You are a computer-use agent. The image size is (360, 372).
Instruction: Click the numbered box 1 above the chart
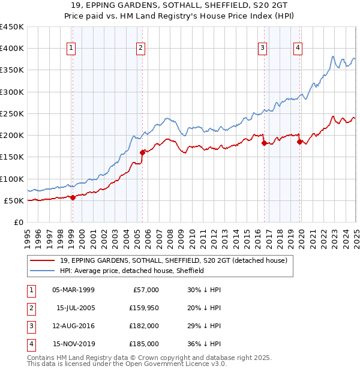(x=71, y=49)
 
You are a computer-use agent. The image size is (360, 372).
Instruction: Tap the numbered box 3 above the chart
(x=263, y=49)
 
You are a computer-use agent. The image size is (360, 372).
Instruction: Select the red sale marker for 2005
(x=142, y=152)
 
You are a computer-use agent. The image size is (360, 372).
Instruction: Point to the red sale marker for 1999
(x=73, y=197)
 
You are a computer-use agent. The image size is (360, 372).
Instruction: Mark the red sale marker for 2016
(x=264, y=143)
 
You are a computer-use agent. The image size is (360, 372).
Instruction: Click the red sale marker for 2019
(x=299, y=142)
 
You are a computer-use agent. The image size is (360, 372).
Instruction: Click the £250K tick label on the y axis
(x=12, y=113)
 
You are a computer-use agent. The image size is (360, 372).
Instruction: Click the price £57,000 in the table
(x=144, y=289)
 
